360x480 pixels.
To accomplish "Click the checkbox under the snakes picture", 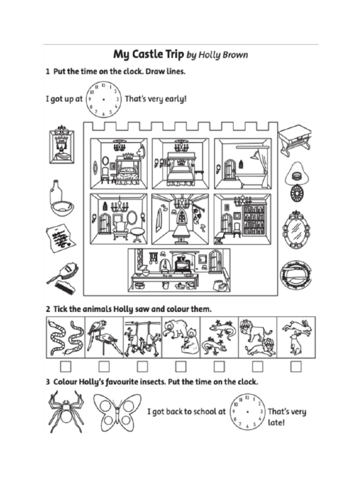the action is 66,366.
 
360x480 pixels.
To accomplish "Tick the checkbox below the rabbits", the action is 296,366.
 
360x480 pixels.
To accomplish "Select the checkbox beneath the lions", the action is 257,366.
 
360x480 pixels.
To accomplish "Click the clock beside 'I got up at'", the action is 103,99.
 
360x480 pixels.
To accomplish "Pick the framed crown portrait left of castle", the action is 61,145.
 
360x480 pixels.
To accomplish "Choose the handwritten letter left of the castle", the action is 61,238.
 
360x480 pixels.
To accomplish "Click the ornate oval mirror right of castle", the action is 296,229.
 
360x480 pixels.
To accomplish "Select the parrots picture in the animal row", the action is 105,337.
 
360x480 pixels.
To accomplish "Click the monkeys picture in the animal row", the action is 142,337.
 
